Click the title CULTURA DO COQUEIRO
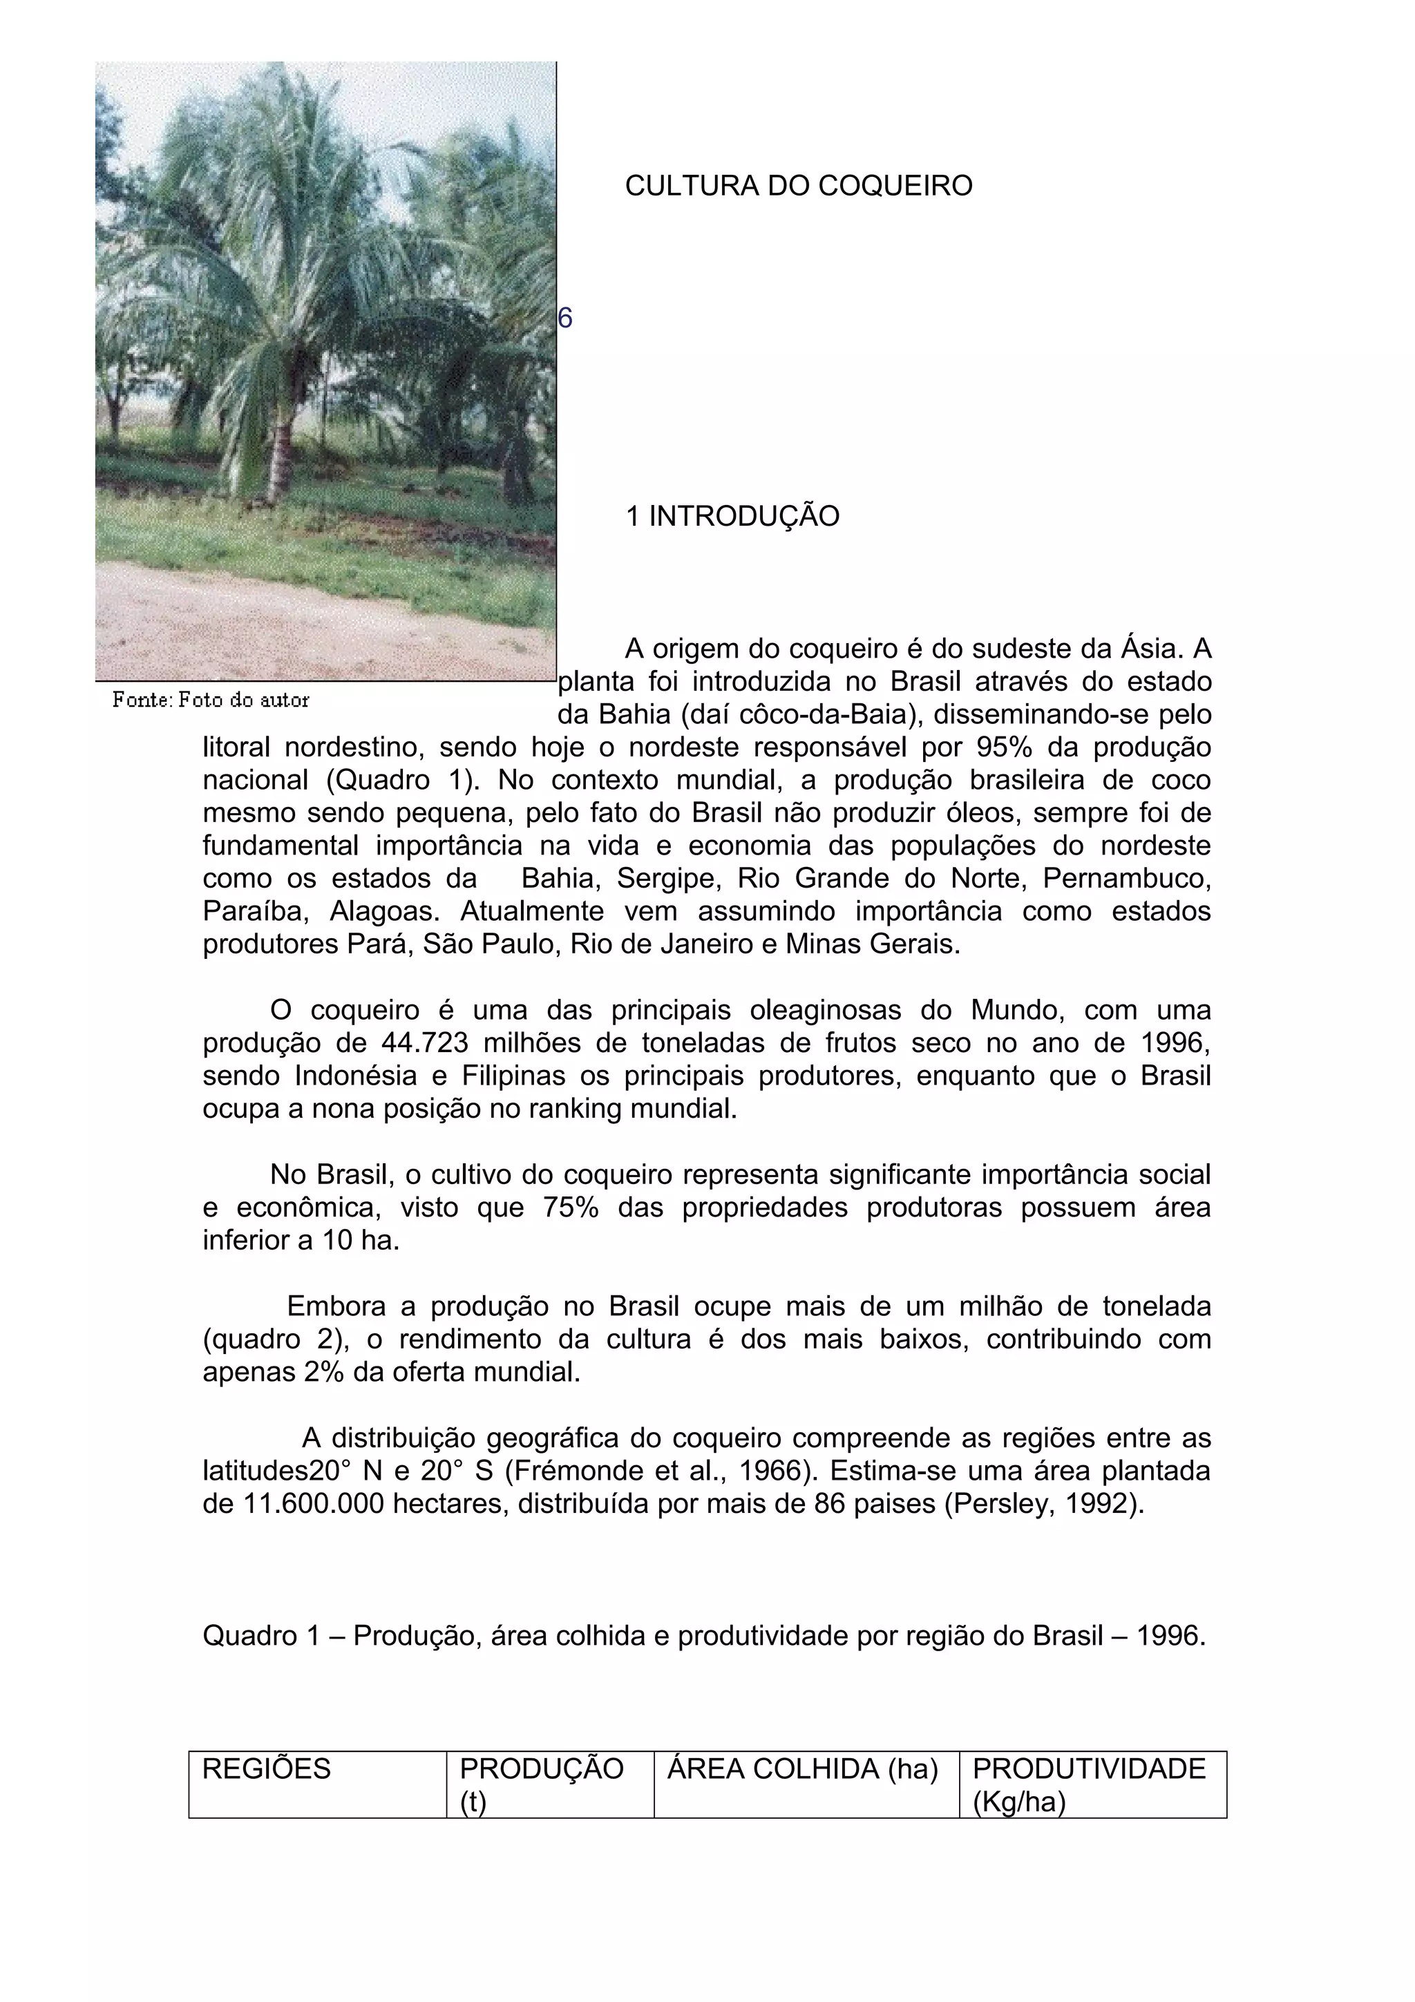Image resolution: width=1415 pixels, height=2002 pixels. pyautogui.click(x=798, y=186)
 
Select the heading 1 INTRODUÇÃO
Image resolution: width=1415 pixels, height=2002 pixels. pyautogui.click(x=732, y=516)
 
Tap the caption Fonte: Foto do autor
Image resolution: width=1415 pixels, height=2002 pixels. pyautogui.click(x=210, y=700)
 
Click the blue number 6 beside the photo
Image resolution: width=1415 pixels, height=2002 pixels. pyautogui.click(x=565, y=319)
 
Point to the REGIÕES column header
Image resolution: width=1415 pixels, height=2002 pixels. pyautogui.click(x=266, y=1769)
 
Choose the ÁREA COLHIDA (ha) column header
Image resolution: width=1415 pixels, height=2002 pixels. pyautogui.click(x=802, y=1769)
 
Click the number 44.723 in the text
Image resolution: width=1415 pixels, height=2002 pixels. pyautogui.click(x=425, y=1044)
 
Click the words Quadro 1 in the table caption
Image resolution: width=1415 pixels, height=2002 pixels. pyautogui.click(x=262, y=1637)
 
